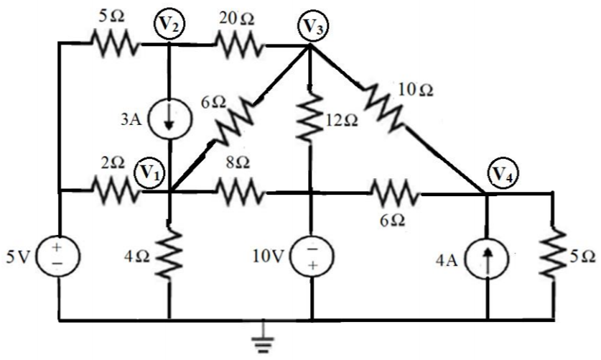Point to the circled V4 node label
point(500,173)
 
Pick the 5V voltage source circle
point(59,257)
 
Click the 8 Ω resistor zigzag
point(238,192)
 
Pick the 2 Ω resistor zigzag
point(115,191)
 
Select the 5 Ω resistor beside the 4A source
point(554,257)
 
